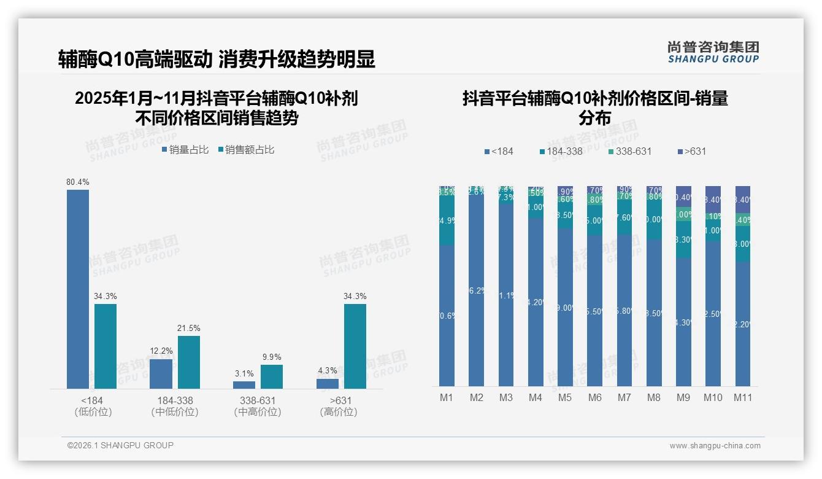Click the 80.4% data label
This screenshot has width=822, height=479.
pyautogui.click(x=78, y=182)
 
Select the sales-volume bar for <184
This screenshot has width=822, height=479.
pyautogui.click(x=78, y=289)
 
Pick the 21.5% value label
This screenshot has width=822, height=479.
pyautogui.click(x=189, y=328)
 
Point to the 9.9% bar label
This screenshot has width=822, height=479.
pyautogui.click(x=272, y=357)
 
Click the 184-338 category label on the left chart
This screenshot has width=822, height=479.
pyautogui.click(x=175, y=401)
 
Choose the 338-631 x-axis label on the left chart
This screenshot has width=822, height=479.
pyautogui.click(x=258, y=401)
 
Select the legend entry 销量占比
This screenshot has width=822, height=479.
pyautogui.click(x=185, y=149)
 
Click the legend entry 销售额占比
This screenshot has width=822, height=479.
pyautogui.click(x=245, y=149)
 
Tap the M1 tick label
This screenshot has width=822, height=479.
pyautogui.click(x=447, y=397)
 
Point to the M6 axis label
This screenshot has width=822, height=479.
pyautogui.click(x=594, y=397)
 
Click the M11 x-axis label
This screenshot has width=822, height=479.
pyautogui.click(x=743, y=397)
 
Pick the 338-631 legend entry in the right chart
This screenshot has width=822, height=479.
pyautogui.click(x=629, y=151)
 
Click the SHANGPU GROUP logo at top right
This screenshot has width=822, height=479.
pyautogui.click(x=713, y=52)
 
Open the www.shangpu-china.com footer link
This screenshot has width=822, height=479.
pyautogui.click(x=715, y=446)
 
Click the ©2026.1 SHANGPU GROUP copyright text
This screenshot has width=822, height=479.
pyautogui.click(x=120, y=445)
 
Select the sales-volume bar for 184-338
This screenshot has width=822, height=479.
pyautogui.click(x=161, y=373)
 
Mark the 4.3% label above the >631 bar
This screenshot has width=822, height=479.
pyautogui.click(x=328, y=370)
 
